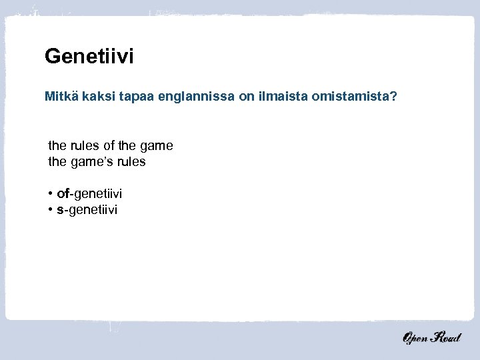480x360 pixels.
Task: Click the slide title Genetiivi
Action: [89, 57]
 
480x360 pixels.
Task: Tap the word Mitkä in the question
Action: [61, 97]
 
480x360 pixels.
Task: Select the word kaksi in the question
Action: [100, 97]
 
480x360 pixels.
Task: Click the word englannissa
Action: [197, 98]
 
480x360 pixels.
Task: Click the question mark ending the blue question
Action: [395, 97]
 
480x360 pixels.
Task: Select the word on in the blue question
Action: [246, 97]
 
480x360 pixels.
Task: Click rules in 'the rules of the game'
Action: [83, 145]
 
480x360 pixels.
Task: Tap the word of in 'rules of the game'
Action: [109, 145]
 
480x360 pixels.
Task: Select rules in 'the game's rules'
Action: [131, 161]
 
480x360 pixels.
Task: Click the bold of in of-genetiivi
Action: [63, 194]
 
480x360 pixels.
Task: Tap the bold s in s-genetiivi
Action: [60, 210]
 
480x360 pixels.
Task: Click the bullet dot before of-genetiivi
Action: [51, 194]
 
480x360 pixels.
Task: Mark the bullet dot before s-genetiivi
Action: [51, 210]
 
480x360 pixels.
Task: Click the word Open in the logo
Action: [415, 339]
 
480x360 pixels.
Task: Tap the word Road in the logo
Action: [445, 338]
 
